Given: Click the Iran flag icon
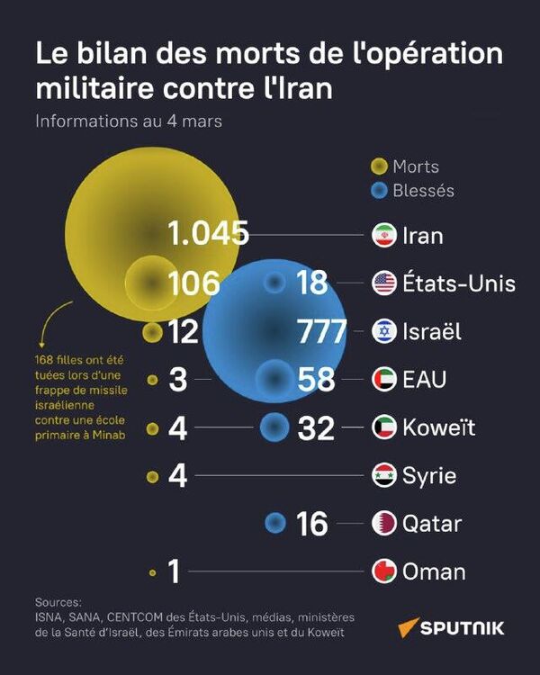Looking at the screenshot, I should point(384,236).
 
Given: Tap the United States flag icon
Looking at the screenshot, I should point(384,283).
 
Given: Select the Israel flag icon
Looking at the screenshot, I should point(384,331).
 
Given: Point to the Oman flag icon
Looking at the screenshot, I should point(384,571).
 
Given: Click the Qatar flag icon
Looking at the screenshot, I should point(384,523).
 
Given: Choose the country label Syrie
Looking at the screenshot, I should point(429,475).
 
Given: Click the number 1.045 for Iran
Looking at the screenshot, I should point(208,235).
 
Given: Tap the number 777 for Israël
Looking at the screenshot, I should point(322,331).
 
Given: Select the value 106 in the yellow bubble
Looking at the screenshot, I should point(194,283).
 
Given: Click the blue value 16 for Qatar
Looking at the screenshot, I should point(312,524).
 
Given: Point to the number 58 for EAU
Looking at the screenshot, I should point(316,380).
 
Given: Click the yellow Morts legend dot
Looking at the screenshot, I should point(379,166).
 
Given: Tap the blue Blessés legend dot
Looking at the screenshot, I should point(379,190).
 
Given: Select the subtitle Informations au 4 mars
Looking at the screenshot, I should point(129,121).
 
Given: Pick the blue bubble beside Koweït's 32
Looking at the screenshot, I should point(274,427).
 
